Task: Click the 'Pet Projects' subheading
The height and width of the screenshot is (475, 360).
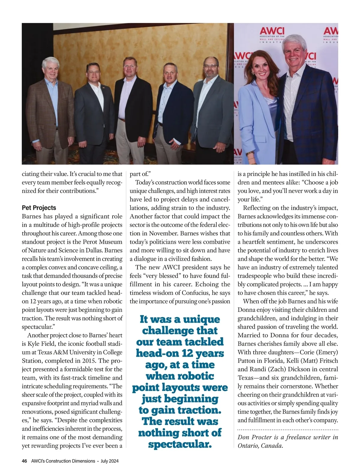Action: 39,208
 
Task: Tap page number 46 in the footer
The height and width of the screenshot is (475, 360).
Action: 25,461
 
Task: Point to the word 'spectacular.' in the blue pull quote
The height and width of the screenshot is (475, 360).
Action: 180,444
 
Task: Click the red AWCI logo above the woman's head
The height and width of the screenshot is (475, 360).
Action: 272,31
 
